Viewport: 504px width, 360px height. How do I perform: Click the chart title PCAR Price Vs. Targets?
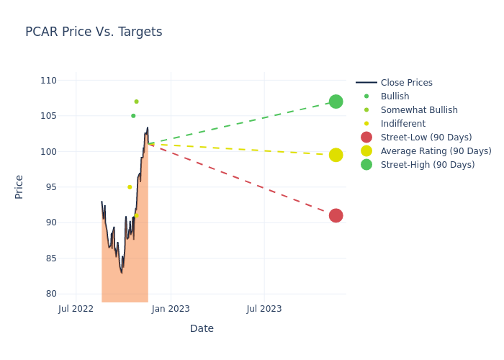94,32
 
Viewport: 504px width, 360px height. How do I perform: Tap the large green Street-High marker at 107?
336,102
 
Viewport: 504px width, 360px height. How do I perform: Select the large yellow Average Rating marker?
336,155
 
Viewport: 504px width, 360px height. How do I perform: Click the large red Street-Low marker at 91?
336,215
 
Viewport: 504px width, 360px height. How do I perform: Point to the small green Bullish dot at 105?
133,116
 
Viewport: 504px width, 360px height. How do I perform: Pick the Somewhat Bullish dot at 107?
136,102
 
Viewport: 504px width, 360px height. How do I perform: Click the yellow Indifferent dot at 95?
130,187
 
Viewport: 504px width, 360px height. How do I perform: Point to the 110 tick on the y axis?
48,81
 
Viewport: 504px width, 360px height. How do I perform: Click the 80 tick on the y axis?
50,294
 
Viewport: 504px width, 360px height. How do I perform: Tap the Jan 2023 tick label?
171,309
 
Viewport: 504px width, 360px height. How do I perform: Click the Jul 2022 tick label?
76,309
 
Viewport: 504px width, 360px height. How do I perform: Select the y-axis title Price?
19,186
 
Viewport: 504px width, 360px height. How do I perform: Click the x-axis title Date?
202,329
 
